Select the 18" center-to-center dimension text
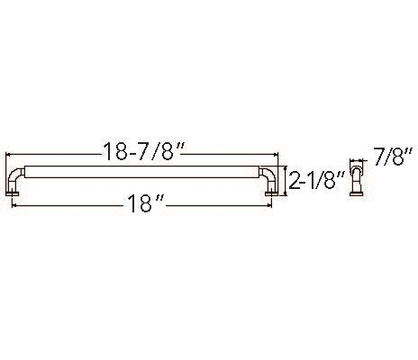tap(143, 205)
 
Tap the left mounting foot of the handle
tap(17, 190)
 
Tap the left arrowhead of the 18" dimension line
tap(15, 205)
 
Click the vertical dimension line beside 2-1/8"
tap(284, 180)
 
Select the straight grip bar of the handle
tap(143, 169)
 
